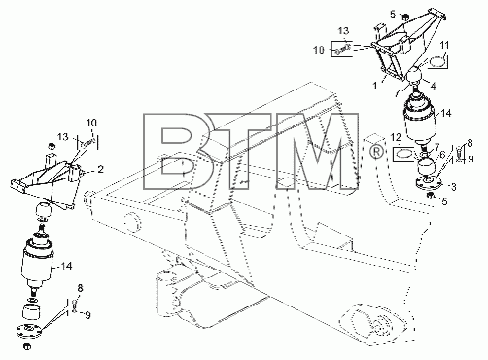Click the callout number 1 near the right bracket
click(x=375, y=86)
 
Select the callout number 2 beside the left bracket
click(x=101, y=169)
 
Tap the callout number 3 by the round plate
click(x=454, y=187)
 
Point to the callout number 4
click(x=433, y=86)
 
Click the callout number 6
click(x=442, y=156)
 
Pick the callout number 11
click(x=444, y=46)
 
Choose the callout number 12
click(x=396, y=137)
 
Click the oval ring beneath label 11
click(x=436, y=62)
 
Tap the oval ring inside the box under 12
click(x=403, y=154)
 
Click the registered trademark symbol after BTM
click(x=376, y=152)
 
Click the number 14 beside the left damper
click(x=66, y=266)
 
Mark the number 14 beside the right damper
click(x=446, y=113)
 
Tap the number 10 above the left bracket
click(x=91, y=123)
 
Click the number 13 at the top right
click(x=343, y=31)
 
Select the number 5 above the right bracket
click(x=393, y=14)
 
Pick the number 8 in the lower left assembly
click(x=80, y=288)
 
